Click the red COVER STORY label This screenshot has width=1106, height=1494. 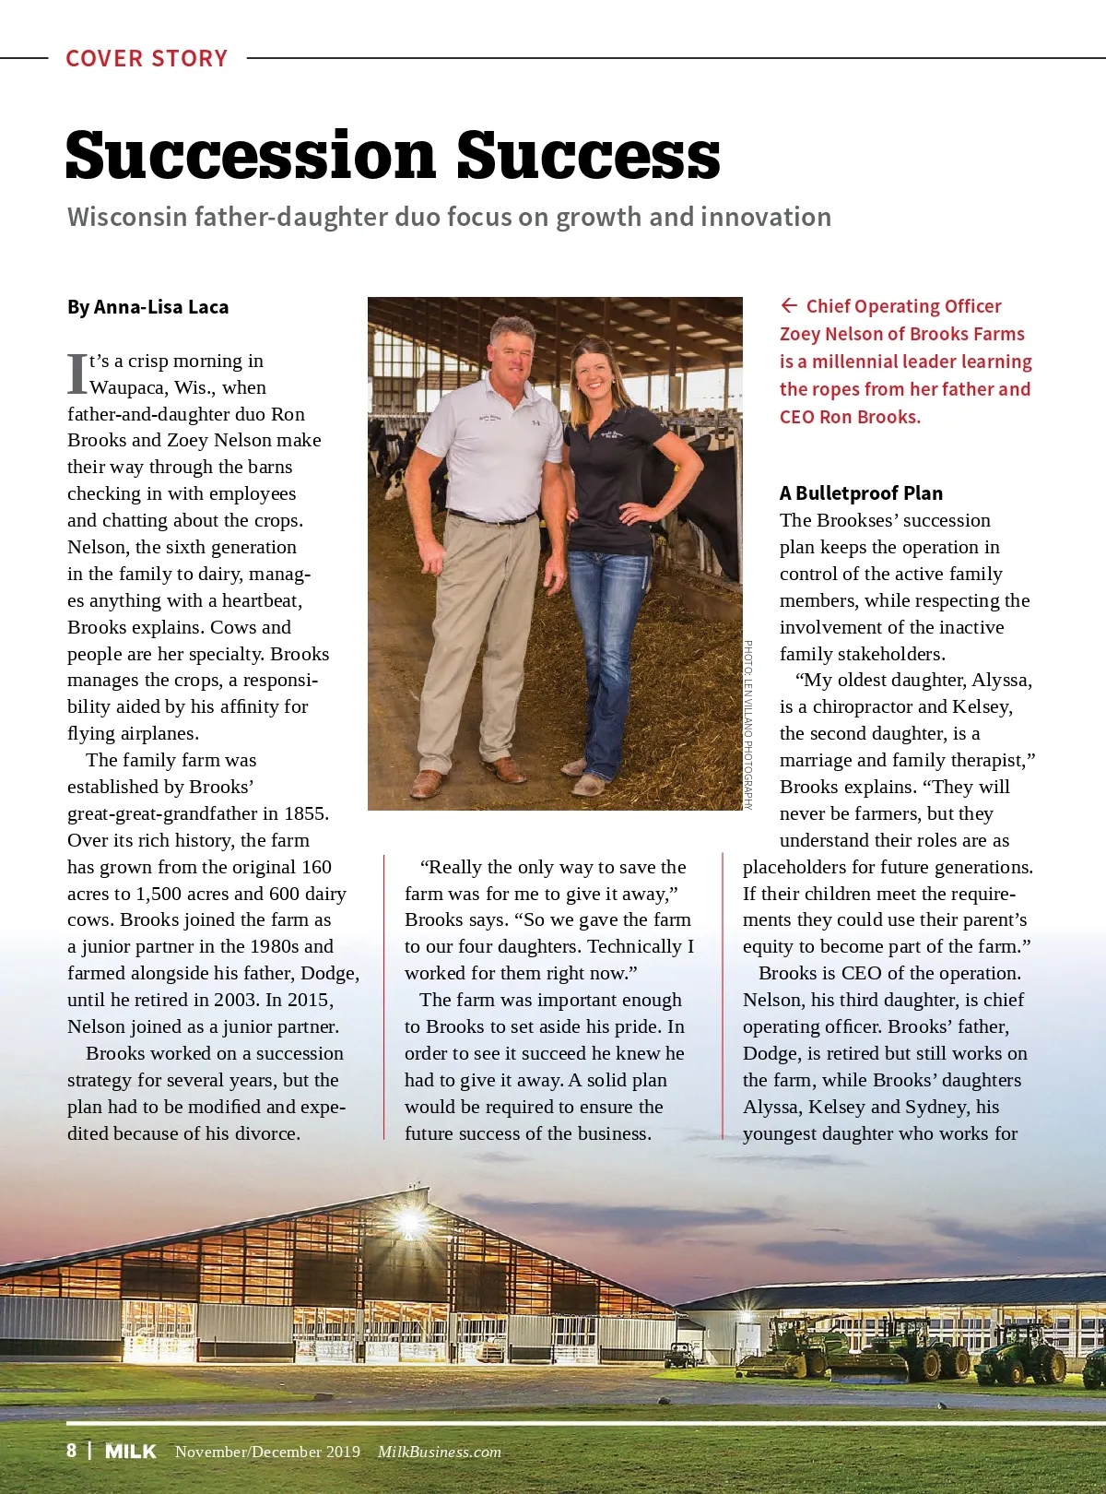147,58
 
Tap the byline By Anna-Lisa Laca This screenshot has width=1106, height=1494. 147,307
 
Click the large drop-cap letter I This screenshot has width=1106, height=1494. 77,373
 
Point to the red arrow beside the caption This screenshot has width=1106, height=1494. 789,305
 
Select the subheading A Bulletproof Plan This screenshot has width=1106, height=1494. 861,492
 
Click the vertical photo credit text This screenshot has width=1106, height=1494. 748,724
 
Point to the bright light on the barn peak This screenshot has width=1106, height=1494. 408,1222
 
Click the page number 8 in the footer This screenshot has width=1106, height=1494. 72,1451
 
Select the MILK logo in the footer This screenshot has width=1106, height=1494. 131,1452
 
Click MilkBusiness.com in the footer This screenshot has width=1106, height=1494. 440,1452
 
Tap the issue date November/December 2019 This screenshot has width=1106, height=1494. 267,1452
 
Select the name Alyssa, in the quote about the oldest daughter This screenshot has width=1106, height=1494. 1000,680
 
